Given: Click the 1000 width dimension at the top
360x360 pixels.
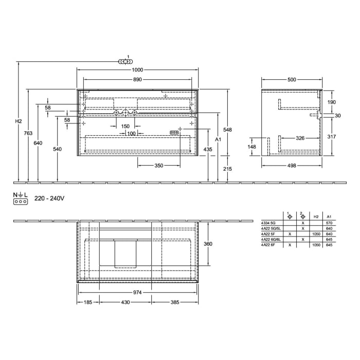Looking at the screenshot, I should coord(137,70).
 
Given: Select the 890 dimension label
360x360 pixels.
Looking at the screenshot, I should coord(137,80).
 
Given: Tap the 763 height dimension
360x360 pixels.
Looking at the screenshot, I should coord(28,134).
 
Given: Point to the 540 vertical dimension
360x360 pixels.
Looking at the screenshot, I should coord(57,149).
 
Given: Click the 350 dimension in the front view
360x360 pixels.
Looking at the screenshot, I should coord(159,165).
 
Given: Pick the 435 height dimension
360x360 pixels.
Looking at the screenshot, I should coord(208,149).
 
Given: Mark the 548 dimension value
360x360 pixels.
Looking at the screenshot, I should coord(228,130).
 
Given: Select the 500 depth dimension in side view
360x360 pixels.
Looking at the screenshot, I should coord(292,80).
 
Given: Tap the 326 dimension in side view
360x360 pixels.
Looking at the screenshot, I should coord(302,138).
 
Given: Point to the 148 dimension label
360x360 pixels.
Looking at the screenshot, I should coord(252,147).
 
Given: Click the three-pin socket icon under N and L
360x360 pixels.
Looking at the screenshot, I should coord(20,202).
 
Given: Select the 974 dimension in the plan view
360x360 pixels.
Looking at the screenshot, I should coord(138,292).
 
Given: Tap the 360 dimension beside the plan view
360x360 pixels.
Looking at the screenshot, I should coord(208,244).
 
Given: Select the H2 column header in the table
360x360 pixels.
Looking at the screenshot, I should coord(316,217).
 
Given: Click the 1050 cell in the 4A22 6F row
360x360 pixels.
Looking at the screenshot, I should coord(316,245).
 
